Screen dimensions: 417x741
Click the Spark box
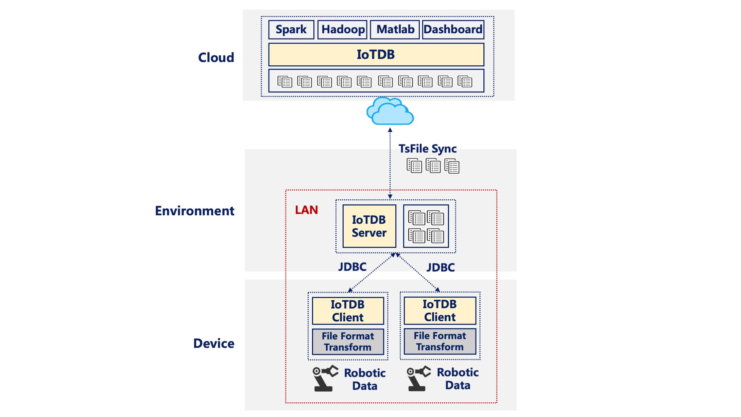[x=291, y=30]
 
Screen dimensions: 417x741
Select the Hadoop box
[x=343, y=30]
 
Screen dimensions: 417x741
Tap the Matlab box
[x=395, y=30]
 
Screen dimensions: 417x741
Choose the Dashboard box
[x=453, y=30]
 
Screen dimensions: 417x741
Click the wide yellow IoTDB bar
[x=376, y=54]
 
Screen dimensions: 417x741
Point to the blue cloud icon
[x=390, y=111]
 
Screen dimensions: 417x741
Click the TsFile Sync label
[x=427, y=149]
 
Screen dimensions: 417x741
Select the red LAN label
[x=306, y=210]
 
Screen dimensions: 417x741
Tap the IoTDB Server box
[x=369, y=226]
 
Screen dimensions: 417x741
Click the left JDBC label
[x=352, y=267]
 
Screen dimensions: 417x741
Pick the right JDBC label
[x=441, y=267]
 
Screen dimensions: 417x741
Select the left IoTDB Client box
[x=348, y=311]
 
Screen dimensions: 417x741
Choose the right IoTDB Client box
[x=440, y=311]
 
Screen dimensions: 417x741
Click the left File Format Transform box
[x=348, y=341]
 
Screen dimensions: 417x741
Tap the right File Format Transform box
[x=440, y=341]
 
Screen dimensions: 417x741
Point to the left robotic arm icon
[x=325, y=378]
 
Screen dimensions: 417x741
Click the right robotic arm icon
[x=418, y=378]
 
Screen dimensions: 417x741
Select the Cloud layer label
[x=216, y=57]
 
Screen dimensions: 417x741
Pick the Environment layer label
[x=194, y=211]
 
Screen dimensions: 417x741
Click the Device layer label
[x=213, y=344]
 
